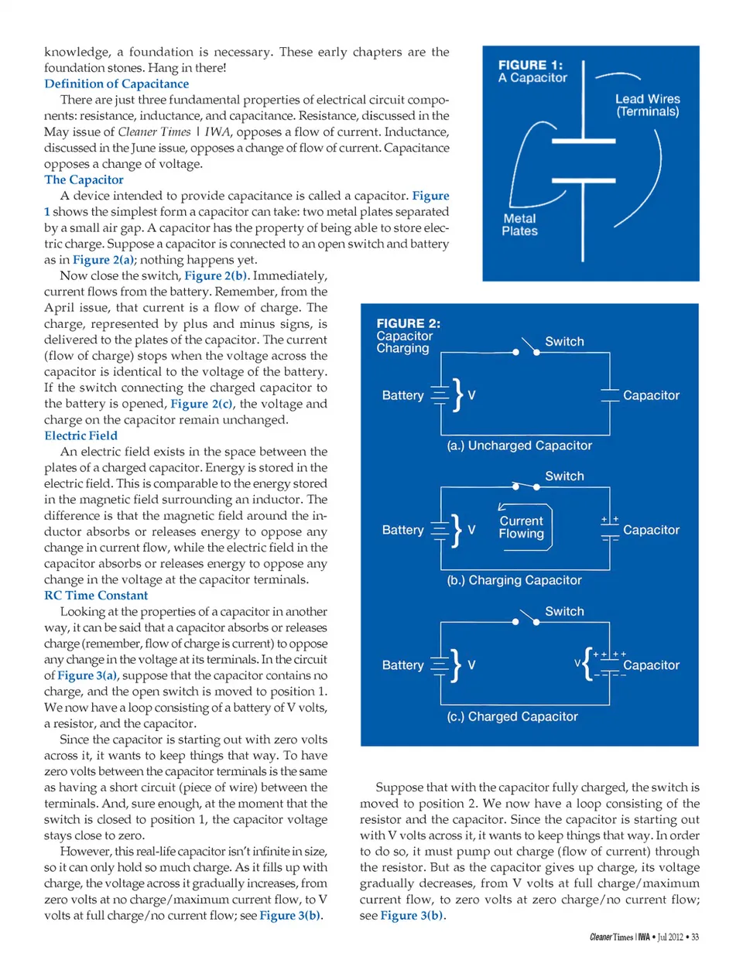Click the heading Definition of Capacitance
pos(116,84)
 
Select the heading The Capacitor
pos(84,179)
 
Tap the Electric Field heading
pos(80,435)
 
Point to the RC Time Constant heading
pos(96,595)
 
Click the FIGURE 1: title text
pos(530,66)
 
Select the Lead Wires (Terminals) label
pos(647,105)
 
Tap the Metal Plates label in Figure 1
pos(519,224)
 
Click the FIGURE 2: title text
pos(408,323)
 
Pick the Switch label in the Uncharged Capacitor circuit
pos(564,341)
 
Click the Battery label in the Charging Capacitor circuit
pos(402,530)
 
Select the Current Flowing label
pos(521,527)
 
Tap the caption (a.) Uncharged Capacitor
pos(519,446)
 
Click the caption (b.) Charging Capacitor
pos(514,580)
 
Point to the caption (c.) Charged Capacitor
pos(512,716)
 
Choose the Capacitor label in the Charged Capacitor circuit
pos(651,665)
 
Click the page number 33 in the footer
pos(695,937)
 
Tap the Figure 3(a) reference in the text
pos(87,675)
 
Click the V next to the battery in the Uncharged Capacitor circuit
pos(471,395)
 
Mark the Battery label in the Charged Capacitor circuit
pos(402,665)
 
